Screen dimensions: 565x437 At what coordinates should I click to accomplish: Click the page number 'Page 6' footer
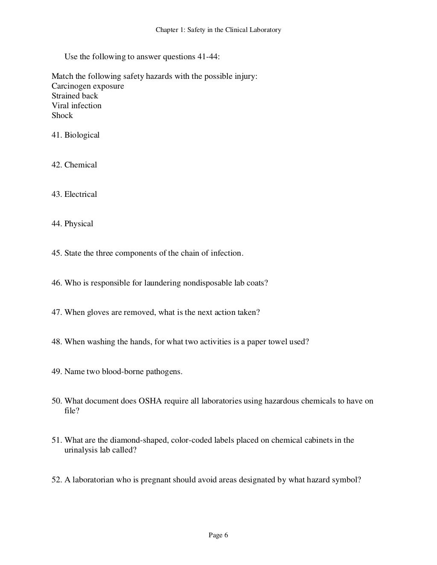[x=218, y=536]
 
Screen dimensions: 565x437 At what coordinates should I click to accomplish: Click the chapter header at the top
[x=218, y=30]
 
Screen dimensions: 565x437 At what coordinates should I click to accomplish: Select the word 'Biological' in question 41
[x=82, y=135]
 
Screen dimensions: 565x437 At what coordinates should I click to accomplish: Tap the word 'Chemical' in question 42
[x=81, y=165]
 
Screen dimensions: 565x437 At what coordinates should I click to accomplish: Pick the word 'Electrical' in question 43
[x=81, y=194]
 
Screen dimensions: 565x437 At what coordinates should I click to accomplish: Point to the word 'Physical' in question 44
[x=79, y=224]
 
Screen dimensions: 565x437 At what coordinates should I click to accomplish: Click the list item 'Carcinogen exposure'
[x=88, y=86]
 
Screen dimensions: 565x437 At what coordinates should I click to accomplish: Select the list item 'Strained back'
[x=75, y=96]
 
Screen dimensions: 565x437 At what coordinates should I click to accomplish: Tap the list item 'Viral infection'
[x=76, y=106]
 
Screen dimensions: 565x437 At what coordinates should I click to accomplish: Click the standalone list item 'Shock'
[x=62, y=115]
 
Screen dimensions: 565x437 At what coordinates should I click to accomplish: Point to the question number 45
[x=56, y=253]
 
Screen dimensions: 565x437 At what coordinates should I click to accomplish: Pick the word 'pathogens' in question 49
[x=164, y=372]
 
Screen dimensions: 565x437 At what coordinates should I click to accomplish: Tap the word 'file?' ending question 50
[x=72, y=411]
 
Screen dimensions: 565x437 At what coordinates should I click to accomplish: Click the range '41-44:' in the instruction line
[x=206, y=57]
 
